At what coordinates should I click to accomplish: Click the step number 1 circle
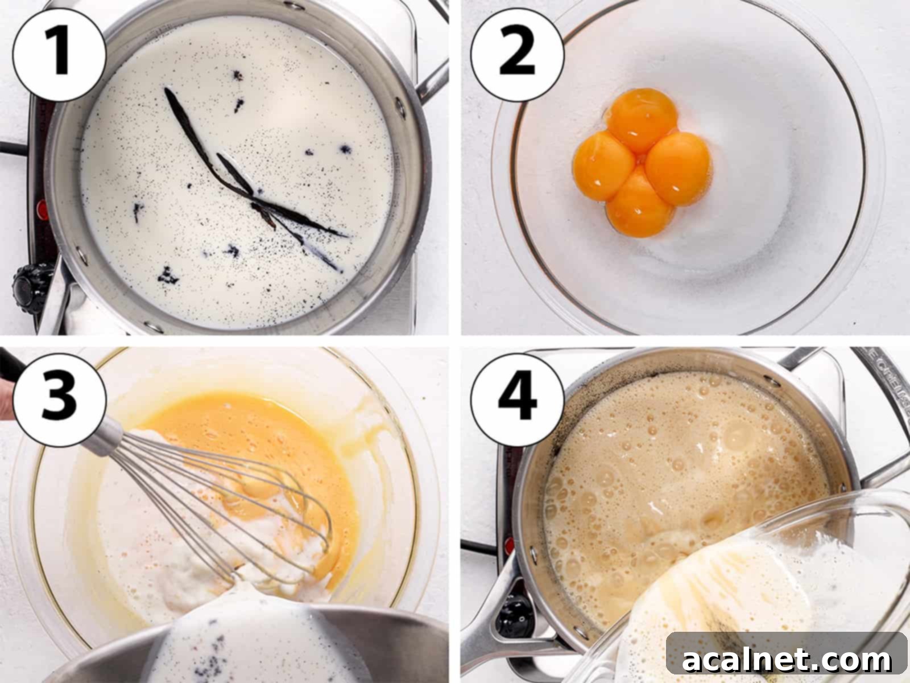pyautogui.click(x=59, y=55)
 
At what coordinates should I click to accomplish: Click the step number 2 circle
pyautogui.click(x=518, y=55)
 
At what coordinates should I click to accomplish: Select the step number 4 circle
pyautogui.click(x=518, y=396)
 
